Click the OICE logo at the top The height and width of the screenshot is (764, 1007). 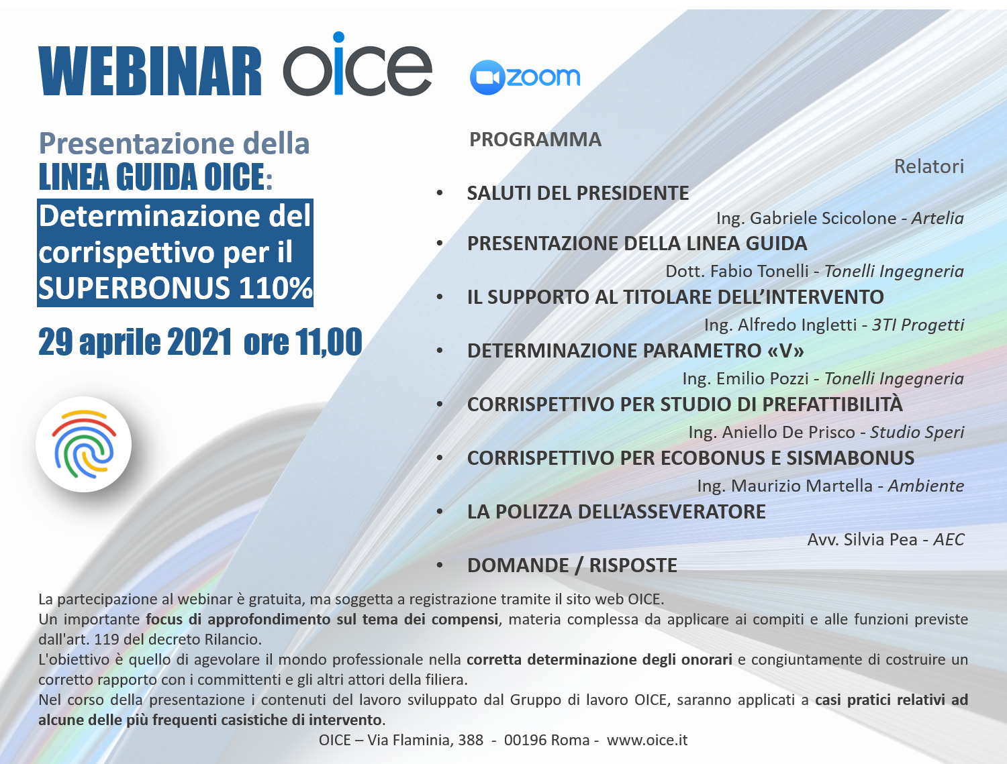coord(357,64)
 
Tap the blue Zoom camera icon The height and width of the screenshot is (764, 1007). coord(487,77)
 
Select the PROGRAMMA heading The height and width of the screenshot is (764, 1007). coord(535,140)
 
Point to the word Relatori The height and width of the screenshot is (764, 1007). coord(928,166)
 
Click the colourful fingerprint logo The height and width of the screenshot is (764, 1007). coord(83,444)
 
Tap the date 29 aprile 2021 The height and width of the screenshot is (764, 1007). coord(135,342)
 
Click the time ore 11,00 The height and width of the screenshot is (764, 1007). coord(303,342)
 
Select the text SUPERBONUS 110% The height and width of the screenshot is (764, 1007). coord(175,287)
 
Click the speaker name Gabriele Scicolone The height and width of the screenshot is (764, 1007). coord(822,218)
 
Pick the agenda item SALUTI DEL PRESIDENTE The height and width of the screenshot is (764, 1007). coord(577,193)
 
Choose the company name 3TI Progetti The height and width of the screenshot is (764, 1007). coord(918,325)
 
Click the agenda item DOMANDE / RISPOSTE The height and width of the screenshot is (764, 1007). coord(572,565)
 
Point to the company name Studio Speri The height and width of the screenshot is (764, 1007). coord(917,432)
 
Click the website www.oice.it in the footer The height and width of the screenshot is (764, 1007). coord(647,740)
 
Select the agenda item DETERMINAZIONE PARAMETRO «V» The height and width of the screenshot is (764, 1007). coord(635,351)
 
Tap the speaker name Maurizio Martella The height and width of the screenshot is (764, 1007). coord(802,486)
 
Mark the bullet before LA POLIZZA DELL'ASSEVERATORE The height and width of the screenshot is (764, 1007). coord(440,512)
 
